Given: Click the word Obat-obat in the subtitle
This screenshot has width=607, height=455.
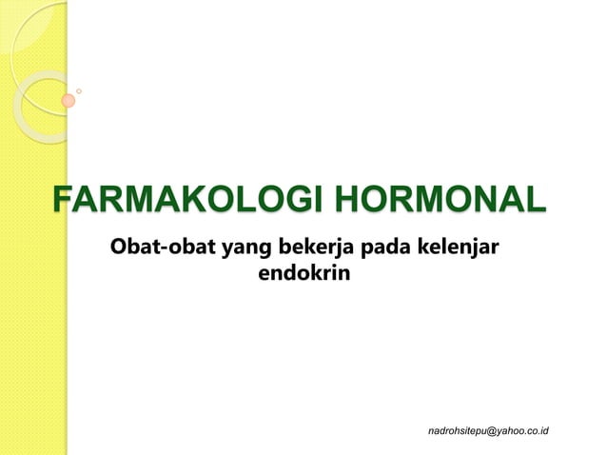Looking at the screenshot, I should click(x=163, y=249).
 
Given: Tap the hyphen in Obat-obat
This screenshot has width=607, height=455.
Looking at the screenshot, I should click(x=163, y=251).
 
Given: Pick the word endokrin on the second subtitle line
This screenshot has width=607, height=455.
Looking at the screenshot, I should click(x=303, y=275).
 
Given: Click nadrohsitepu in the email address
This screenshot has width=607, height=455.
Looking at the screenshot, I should click(x=458, y=431).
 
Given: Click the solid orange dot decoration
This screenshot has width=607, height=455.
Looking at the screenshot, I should click(x=69, y=100).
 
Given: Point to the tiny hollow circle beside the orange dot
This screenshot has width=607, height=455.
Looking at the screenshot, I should click(x=79, y=91).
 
